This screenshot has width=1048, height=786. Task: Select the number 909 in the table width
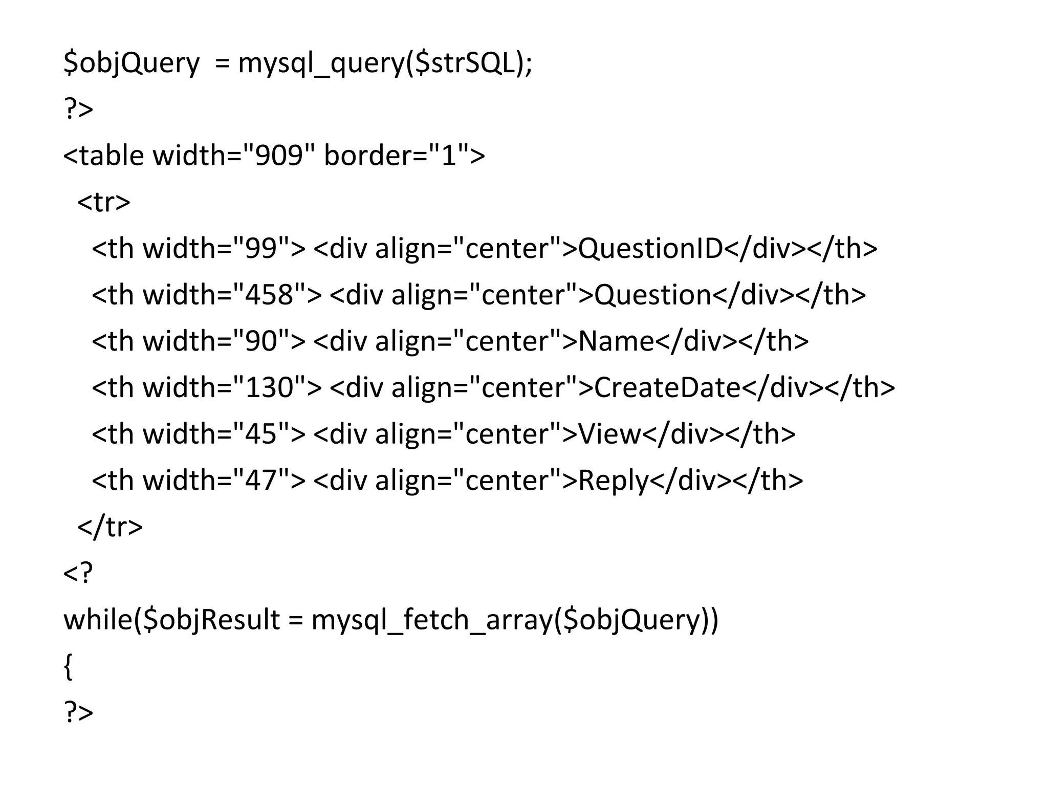[279, 156]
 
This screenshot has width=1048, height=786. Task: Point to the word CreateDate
[667, 388]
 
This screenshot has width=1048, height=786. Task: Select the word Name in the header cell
[616, 341]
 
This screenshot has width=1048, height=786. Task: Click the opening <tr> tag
[104, 202]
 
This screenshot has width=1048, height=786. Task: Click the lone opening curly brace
[68, 667]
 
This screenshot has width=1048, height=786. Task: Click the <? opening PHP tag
[78, 573]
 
